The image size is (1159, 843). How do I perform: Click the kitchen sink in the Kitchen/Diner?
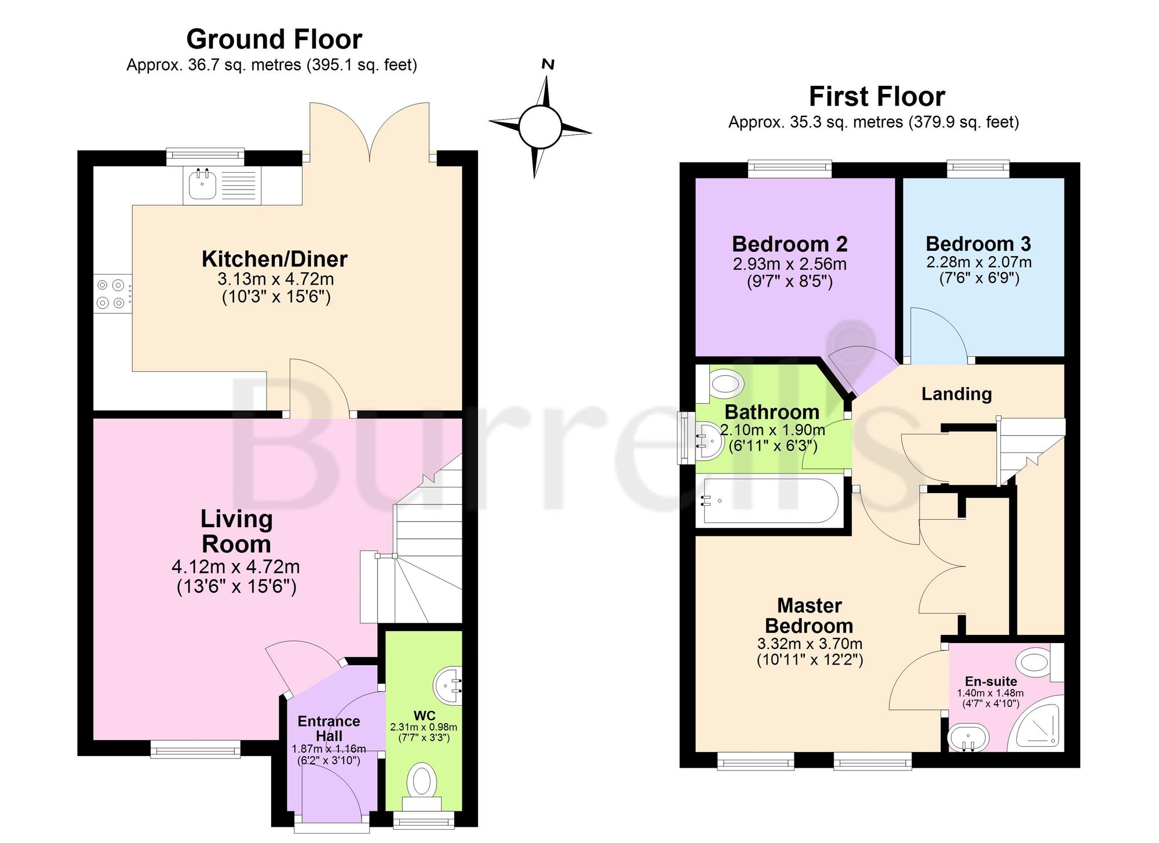click(x=222, y=185)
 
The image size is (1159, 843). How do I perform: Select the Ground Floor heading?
click(x=274, y=39)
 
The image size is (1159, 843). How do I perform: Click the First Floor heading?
click(x=877, y=96)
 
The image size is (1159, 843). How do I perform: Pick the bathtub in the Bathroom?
click(x=768, y=501)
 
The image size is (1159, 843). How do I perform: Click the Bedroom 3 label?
click(x=978, y=244)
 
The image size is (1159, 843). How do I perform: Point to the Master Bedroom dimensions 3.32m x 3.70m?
click(x=810, y=644)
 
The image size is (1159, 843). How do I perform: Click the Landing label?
click(x=957, y=394)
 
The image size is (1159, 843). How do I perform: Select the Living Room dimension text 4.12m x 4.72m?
click(x=236, y=567)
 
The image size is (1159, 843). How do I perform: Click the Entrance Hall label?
click(x=329, y=728)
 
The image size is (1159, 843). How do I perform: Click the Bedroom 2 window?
click(x=790, y=169)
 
